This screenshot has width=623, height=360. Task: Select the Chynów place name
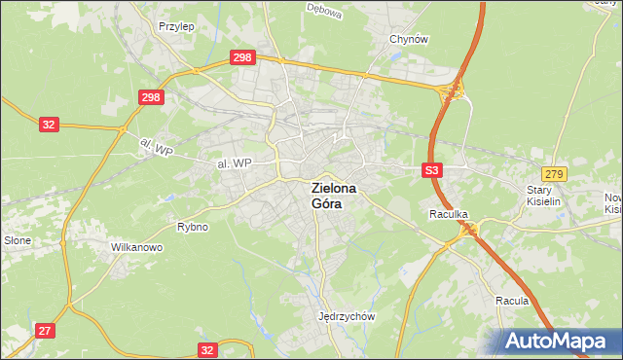click(409, 39)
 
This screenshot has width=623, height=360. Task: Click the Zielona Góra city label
click(333, 196)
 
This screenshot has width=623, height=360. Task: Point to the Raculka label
click(449, 213)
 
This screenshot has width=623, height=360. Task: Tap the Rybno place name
click(192, 227)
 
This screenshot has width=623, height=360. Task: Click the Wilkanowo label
click(136, 247)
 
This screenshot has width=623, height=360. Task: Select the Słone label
click(18, 240)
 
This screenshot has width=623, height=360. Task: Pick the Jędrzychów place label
click(347, 316)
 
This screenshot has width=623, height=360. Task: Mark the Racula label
click(511, 301)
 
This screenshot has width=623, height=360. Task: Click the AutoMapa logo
click(556, 342)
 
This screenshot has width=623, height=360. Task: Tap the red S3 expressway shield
click(433, 170)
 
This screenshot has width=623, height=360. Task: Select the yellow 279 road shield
click(554, 173)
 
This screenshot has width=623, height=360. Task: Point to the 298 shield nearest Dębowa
click(243, 58)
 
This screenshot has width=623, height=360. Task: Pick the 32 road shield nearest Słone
click(50, 125)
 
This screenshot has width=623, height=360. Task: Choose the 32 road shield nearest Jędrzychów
click(206, 348)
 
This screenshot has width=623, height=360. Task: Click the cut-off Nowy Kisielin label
click(612, 202)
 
